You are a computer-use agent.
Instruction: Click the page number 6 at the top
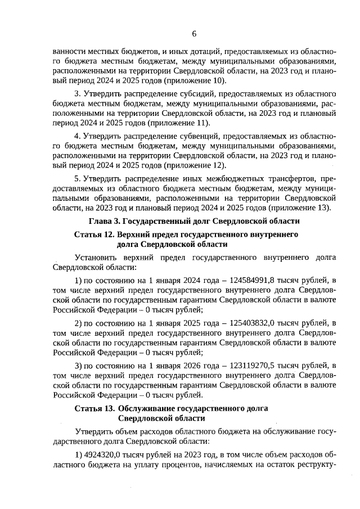tap(193, 33)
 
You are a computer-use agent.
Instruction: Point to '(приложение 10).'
tap(192, 80)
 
